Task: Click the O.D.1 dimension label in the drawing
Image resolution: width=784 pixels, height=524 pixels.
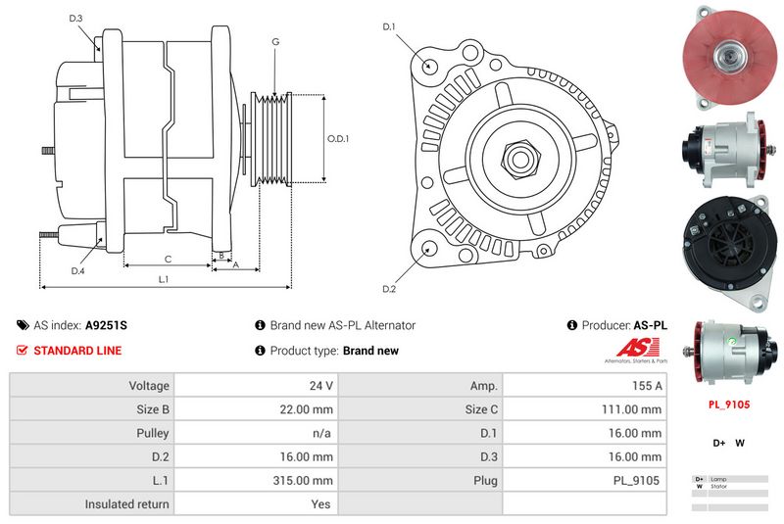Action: click(x=337, y=138)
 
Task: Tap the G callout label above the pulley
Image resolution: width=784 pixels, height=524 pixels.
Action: click(x=275, y=42)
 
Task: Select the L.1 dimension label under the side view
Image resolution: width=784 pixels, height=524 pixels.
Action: click(x=164, y=279)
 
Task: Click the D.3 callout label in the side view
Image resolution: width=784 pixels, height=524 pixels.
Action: click(x=76, y=19)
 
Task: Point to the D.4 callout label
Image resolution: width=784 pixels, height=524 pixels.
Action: click(x=77, y=270)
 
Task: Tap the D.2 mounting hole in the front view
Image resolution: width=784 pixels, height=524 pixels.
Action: click(x=428, y=250)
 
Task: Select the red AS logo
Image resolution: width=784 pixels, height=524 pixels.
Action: click(x=638, y=349)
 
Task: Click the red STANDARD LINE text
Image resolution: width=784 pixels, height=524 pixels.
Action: click(x=77, y=351)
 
